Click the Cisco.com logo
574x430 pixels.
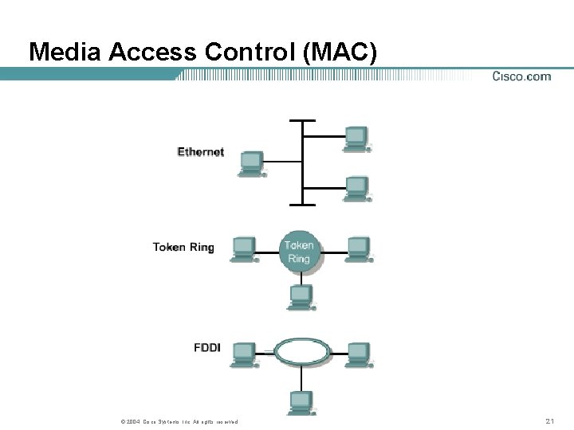[521, 76]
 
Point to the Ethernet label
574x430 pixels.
[200, 151]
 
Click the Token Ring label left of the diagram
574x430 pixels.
[183, 247]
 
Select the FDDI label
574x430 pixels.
[206, 347]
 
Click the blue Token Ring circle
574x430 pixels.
[299, 251]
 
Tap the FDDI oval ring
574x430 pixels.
[302, 350]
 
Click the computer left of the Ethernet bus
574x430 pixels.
[252, 163]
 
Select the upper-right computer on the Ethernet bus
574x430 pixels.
[356, 138]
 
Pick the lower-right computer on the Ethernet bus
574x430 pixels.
[356, 189]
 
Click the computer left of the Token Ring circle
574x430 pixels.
[243, 249]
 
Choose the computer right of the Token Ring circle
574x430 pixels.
[359, 249]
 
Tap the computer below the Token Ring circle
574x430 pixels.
[301, 298]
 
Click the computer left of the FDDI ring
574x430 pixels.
[243, 354]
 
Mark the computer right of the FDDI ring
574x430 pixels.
[359, 354]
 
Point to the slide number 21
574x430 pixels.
[549, 420]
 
